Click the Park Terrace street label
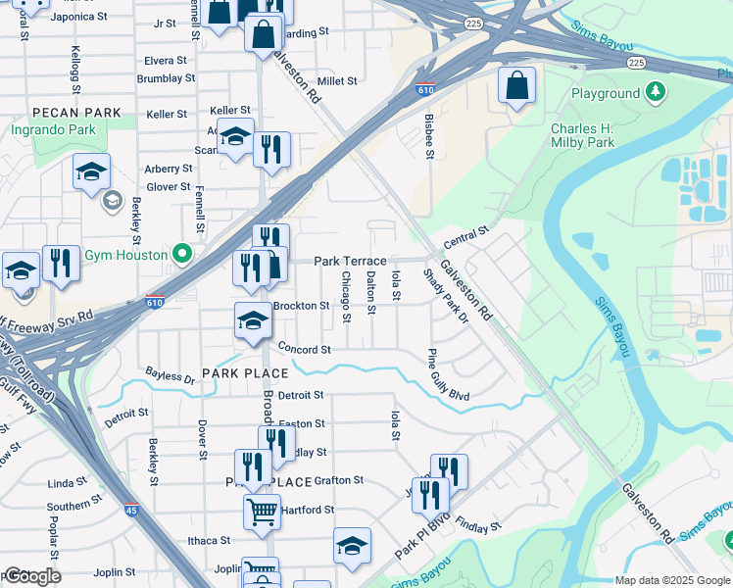[x=350, y=261]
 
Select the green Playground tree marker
[x=656, y=93]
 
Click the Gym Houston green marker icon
[x=180, y=253]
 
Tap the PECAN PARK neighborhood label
[x=75, y=113]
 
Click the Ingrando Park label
[x=53, y=129]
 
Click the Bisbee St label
[x=428, y=134]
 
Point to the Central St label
[x=465, y=235]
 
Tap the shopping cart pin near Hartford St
[x=262, y=511]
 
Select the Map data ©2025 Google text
[x=671, y=580]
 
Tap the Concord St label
[x=304, y=349]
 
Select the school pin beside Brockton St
[x=252, y=320]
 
